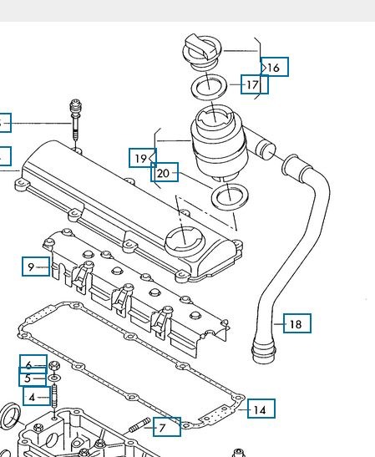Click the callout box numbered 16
275,67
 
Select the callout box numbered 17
253,84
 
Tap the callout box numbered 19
142,157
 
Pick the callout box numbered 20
164,173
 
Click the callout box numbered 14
261,409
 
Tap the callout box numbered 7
164,427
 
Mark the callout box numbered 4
32,397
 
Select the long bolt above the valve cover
77,121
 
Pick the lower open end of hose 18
262,350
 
